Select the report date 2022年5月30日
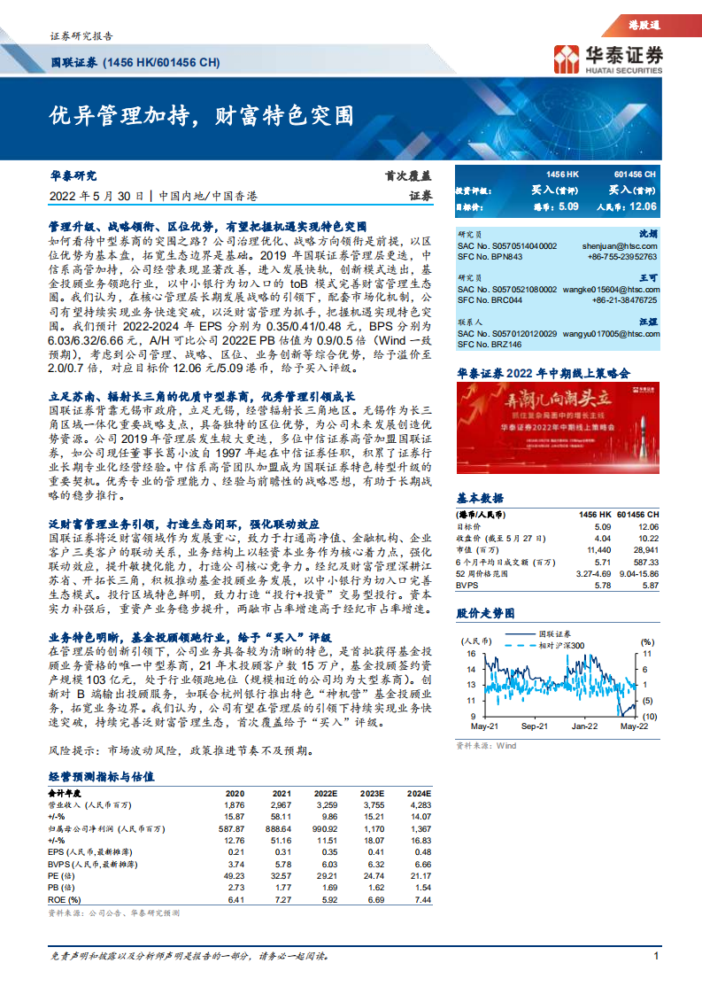[96, 196]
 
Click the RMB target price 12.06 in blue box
[640, 206]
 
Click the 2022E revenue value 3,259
[325, 804]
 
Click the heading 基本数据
[479, 497]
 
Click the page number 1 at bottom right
[656, 956]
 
